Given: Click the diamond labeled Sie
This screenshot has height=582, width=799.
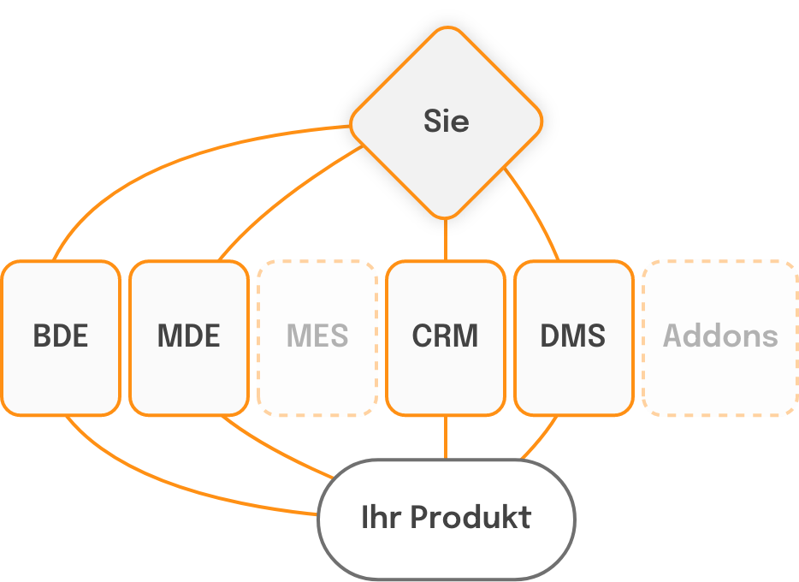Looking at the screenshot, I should pyautogui.click(x=446, y=121).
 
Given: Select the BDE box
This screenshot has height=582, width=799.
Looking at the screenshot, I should pyautogui.click(x=61, y=337).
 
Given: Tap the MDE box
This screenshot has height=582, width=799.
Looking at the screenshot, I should pyautogui.click(x=189, y=337).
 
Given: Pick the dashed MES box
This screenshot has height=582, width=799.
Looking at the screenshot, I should pyautogui.click(x=317, y=337).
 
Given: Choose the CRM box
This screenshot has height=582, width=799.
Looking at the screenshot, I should pyautogui.click(x=445, y=337).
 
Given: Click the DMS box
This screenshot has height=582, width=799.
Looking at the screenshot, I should pyautogui.click(x=573, y=337).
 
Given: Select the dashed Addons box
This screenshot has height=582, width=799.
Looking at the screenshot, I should pyautogui.click(x=720, y=337).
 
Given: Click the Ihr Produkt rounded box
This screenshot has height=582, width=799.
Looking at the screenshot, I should pyautogui.click(x=446, y=519).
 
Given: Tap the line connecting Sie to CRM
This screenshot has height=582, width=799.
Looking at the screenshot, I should pyautogui.click(x=446, y=240).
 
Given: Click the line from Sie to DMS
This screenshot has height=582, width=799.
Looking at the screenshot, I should pyautogui.click(x=536, y=214).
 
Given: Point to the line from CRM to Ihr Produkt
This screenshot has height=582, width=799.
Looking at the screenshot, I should pyautogui.click(x=446, y=438).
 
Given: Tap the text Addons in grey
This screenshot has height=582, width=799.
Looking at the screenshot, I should pyautogui.click(x=720, y=336).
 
